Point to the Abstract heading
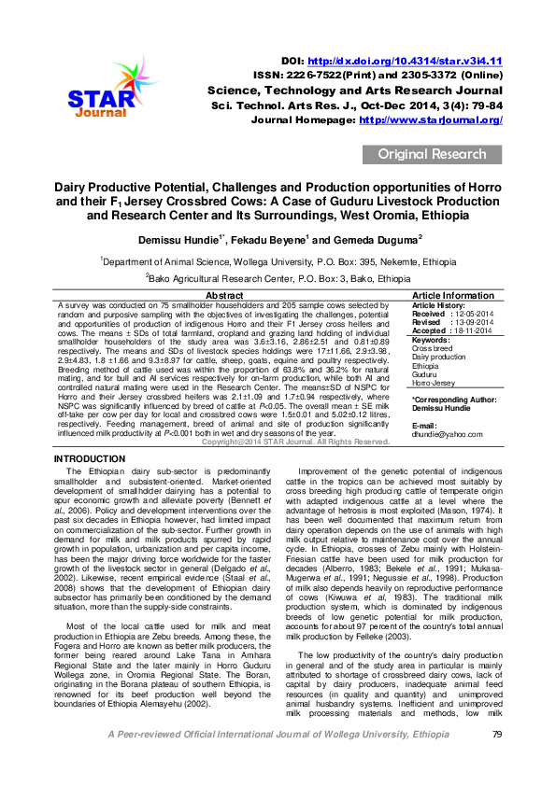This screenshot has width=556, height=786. click(x=231, y=295)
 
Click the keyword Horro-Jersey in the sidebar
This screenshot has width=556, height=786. click(x=435, y=383)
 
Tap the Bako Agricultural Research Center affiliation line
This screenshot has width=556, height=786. click(x=278, y=278)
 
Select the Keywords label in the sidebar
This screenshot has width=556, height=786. click(x=431, y=341)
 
